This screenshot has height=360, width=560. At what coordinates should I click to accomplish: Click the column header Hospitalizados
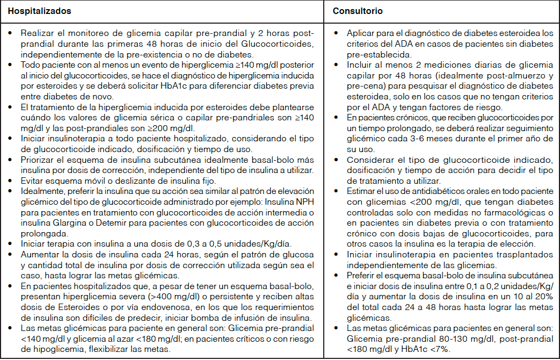pyautogui.click(x=36, y=11)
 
